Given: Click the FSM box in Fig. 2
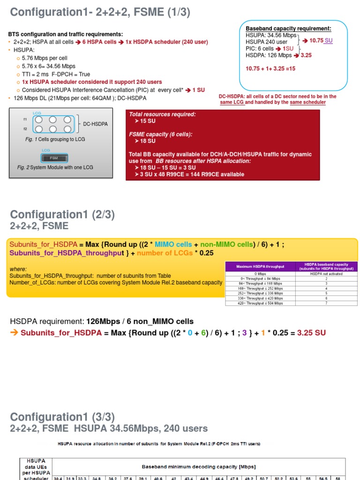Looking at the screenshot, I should point(53,157).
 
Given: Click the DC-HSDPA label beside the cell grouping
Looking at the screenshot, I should point(95,124).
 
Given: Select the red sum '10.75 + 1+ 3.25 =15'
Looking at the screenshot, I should point(270,68).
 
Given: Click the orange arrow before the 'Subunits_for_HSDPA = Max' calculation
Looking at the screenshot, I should point(14,333).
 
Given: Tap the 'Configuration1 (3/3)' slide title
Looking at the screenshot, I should point(62,417).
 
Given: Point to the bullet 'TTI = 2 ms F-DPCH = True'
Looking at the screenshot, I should point(56,74).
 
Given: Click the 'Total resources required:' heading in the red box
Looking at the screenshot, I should point(162,114).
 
